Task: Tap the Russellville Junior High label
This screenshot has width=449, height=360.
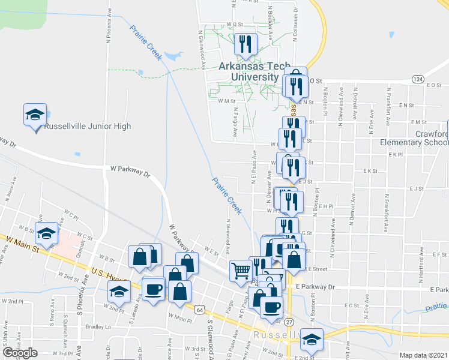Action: [x=88, y=126]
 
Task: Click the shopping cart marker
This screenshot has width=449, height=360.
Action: [x=240, y=270]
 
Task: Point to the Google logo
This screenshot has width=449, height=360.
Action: [x=19, y=353]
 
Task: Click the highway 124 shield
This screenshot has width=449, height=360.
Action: [x=418, y=79]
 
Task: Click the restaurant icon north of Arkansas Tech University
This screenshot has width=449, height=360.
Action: [x=245, y=44]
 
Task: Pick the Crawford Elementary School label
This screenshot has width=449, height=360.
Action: [x=414, y=138]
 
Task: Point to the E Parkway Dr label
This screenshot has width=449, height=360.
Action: [x=310, y=287]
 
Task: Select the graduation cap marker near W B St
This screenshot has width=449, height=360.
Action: [x=46, y=233]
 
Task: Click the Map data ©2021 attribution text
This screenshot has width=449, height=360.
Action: [x=423, y=355]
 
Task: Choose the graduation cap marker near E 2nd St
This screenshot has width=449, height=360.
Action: [x=312, y=339]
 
